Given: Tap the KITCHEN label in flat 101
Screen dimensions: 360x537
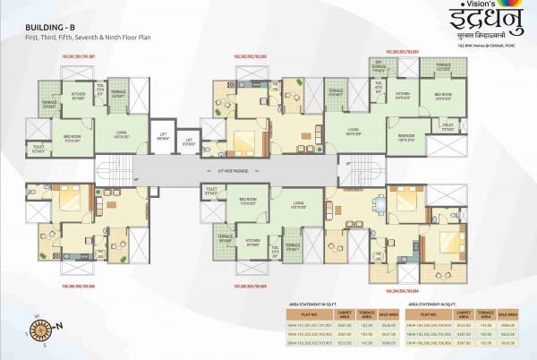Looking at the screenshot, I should pyautogui.click(x=78, y=96).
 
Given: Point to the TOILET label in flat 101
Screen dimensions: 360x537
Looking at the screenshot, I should pyautogui.click(x=38, y=149).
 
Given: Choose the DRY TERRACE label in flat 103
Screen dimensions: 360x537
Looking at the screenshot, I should pyautogui.click(x=379, y=67).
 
